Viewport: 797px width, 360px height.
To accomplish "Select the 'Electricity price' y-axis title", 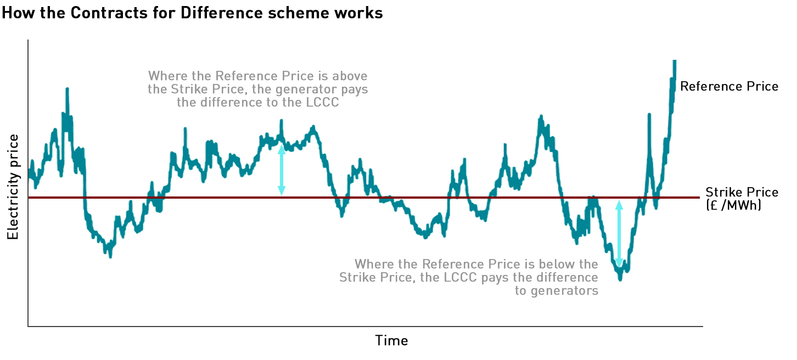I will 13,187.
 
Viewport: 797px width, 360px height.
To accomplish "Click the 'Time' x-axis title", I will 391,340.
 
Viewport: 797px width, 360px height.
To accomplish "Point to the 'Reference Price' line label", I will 729,86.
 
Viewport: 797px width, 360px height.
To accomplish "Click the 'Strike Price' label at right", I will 742,192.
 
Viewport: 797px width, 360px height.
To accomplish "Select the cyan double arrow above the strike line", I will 282,170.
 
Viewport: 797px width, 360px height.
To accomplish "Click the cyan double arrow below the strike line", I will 619,234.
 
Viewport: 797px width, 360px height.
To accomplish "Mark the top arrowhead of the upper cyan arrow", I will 282,148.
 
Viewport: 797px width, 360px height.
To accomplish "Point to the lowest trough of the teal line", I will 620,279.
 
